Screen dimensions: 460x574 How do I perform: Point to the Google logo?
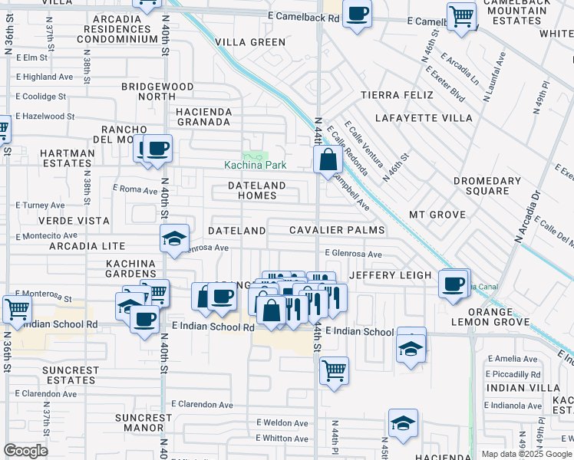point(25,451)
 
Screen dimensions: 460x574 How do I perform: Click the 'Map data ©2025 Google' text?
point(526,454)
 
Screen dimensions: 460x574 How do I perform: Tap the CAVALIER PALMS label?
point(337,230)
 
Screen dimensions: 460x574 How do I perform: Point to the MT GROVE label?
point(437,215)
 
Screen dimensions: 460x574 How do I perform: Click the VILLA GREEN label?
point(250,42)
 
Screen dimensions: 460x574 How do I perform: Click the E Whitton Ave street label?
point(282,439)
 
